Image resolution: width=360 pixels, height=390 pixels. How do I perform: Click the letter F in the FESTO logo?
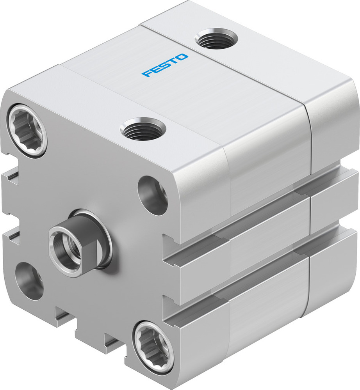(x=146, y=74)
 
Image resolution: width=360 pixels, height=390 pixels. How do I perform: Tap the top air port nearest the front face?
(x=143, y=129)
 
